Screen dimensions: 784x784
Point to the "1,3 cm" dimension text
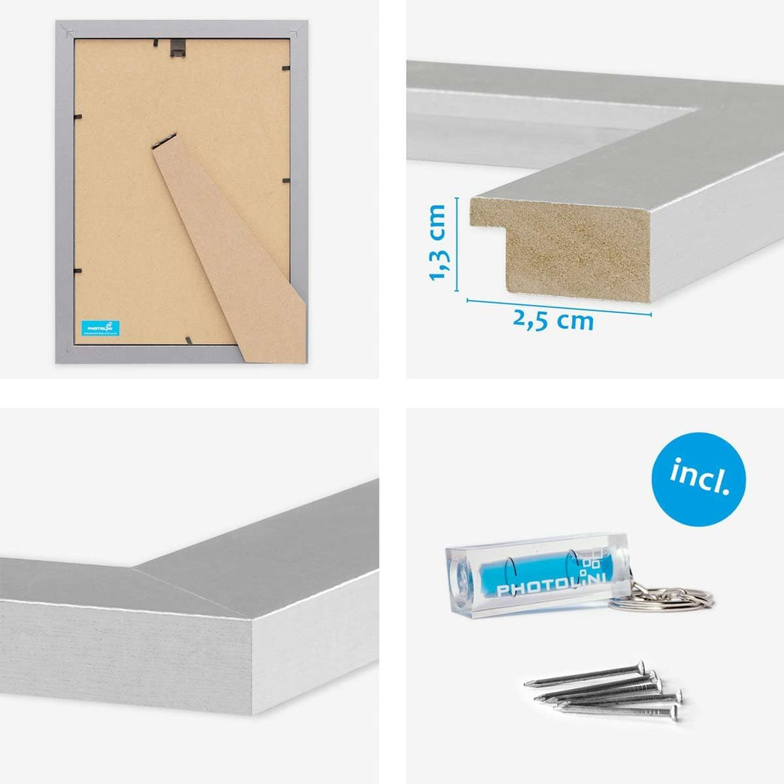(438, 242)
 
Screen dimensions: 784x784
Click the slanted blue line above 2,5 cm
(559, 306)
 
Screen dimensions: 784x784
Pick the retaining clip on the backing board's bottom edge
(188, 340)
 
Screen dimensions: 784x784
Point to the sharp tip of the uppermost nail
(526, 683)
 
